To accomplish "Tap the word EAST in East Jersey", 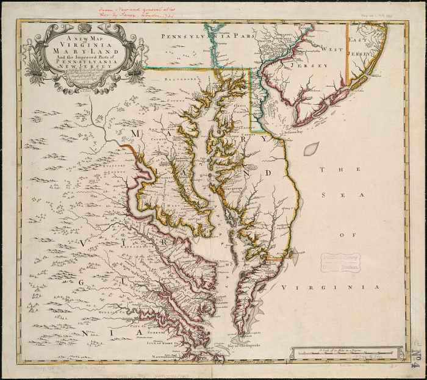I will pos(358,39).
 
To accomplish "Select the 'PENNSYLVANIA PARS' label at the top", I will pos(202,37).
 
